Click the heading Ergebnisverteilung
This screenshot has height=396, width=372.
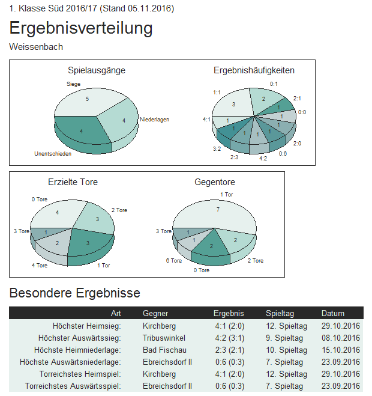pyautogui.click(x=81, y=28)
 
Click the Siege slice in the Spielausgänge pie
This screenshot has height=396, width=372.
pyautogui.click(x=88, y=100)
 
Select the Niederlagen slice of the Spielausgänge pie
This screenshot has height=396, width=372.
pyautogui.click(x=121, y=120)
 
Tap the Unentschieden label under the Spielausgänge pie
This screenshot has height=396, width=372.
pyautogui.click(x=53, y=154)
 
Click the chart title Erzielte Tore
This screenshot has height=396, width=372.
pyautogui.click(x=73, y=181)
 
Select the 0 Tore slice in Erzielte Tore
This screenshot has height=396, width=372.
pyautogui.click(x=57, y=213)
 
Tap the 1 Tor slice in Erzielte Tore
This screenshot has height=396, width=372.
pyautogui.click(x=88, y=242)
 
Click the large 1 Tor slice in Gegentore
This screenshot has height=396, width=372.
pyautogui.click(x=218, y=210)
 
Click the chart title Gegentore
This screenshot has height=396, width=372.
pyautogui.click(x=215, y=181)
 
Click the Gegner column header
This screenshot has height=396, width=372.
pyautogui.click(x=155, y=313)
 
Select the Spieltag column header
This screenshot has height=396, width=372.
pyautogui.click(x=278, y=313)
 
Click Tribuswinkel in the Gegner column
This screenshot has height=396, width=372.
pyautogui.click(x=164, y=338)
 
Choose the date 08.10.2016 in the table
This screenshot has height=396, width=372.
pyautogui.click(x=340, y=338)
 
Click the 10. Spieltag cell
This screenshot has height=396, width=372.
pyautogui.click(x=286, y=350)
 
